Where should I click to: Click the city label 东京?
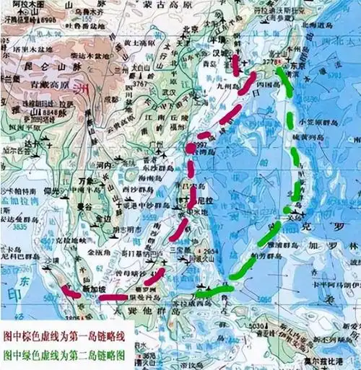point(300,65)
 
